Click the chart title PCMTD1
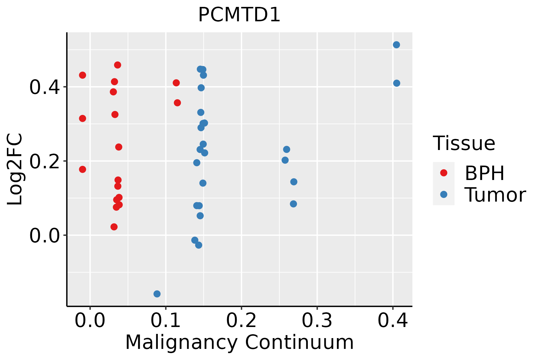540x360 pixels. pyautogui.click(x=239, y=15)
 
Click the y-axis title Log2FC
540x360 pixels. pyautogui.click(x=15, y=169)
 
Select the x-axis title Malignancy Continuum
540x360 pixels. pyautogui.click(x=239, y=342)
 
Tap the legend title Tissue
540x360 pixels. pyautogui.click(x=464, y=143)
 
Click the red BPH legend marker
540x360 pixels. pyautogui.click(x=443, y=172)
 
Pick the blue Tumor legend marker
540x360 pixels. pyautogui.click(x=443, y=194)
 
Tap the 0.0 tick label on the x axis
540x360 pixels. pyautogui.click(x=90, y=321)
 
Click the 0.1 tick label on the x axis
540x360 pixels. pyautogui.click(x=166, y=321)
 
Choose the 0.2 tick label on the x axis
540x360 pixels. pyautogui.click(x=241, y=321)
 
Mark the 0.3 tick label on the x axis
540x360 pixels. pyautogui.click(x=317, y=321)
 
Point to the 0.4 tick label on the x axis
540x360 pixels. pyautogui.click(x=392, y=321)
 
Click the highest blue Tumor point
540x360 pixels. pyautogui.click(x=396, y=45)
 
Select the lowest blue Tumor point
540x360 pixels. pyautogui.click(x=157, y=294)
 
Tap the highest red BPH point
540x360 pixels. pyautogui.click(x=118, y=65)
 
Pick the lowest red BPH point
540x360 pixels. pyautogui.click(x=114, y=226)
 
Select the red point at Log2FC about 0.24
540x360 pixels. pyautogui.click(x=119, y=147)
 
